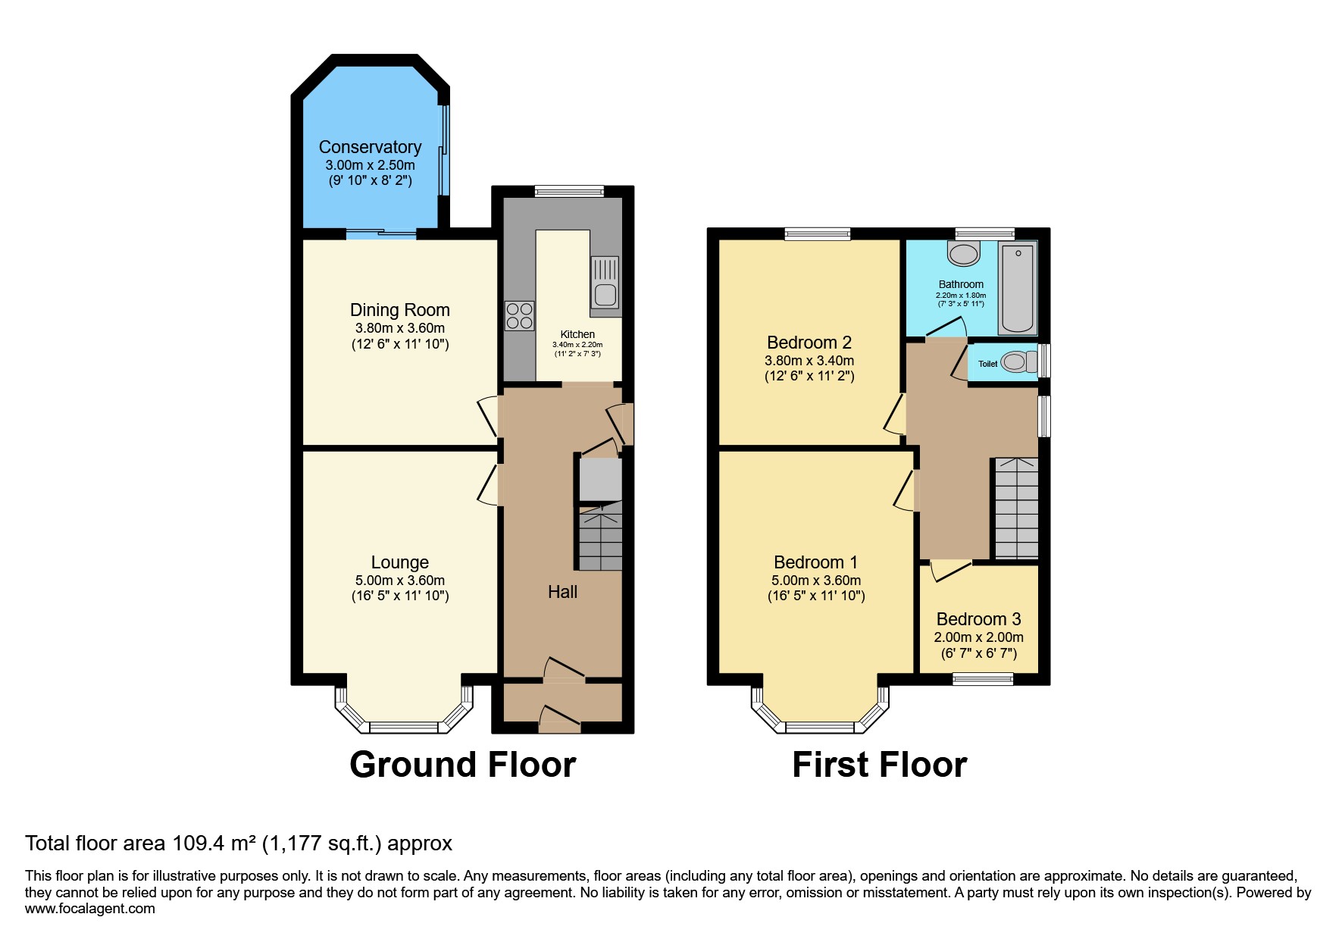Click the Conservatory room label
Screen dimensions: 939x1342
pos(370,147)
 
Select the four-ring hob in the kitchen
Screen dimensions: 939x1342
pos(519,315)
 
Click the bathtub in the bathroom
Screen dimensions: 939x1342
pos(1018,287)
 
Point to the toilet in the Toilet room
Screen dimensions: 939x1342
pos(1016,362)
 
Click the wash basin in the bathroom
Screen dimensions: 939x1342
pos(964,254)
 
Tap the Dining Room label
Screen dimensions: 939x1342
pos(399,310)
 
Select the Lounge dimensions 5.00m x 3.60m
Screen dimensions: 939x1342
pos(399,581)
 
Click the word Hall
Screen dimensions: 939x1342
pos(562,592)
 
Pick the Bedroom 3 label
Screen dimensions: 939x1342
pos(978,619)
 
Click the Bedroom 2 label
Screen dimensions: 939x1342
pos(809,343)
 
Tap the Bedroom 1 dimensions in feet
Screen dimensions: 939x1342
pos(816,596)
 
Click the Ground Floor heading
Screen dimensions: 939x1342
pos(462,765)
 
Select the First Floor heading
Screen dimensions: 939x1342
pos(879,765)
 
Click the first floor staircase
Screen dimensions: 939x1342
pos(1016,508)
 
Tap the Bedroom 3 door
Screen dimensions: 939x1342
pos(950,571)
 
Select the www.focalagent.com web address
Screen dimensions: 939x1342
pos(89,909)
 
